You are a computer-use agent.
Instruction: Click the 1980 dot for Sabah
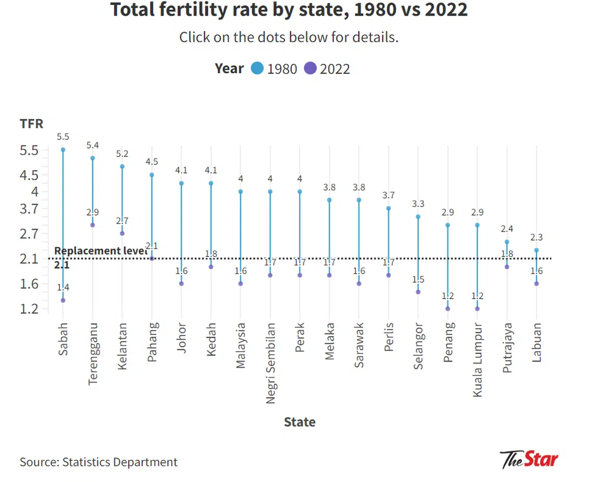click(63, 150)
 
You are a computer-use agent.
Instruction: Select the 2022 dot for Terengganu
click(92, 225)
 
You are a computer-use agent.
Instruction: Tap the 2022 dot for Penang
click(448, 309)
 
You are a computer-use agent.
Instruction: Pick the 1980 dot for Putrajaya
click(507, 242)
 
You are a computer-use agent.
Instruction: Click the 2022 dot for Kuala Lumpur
click(477, 309)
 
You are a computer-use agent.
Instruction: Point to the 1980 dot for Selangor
click(418, 217)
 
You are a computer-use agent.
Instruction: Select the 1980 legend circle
click(258, 68)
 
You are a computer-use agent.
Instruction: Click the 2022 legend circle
click(311, 68)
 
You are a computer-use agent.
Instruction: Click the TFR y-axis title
click(31, 124)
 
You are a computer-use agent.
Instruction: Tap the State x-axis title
click(300, 422)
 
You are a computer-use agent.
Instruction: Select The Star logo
click(529, 460)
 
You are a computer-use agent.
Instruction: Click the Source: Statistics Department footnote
click(99, 462)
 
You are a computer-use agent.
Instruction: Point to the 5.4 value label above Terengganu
click(92, 145)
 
